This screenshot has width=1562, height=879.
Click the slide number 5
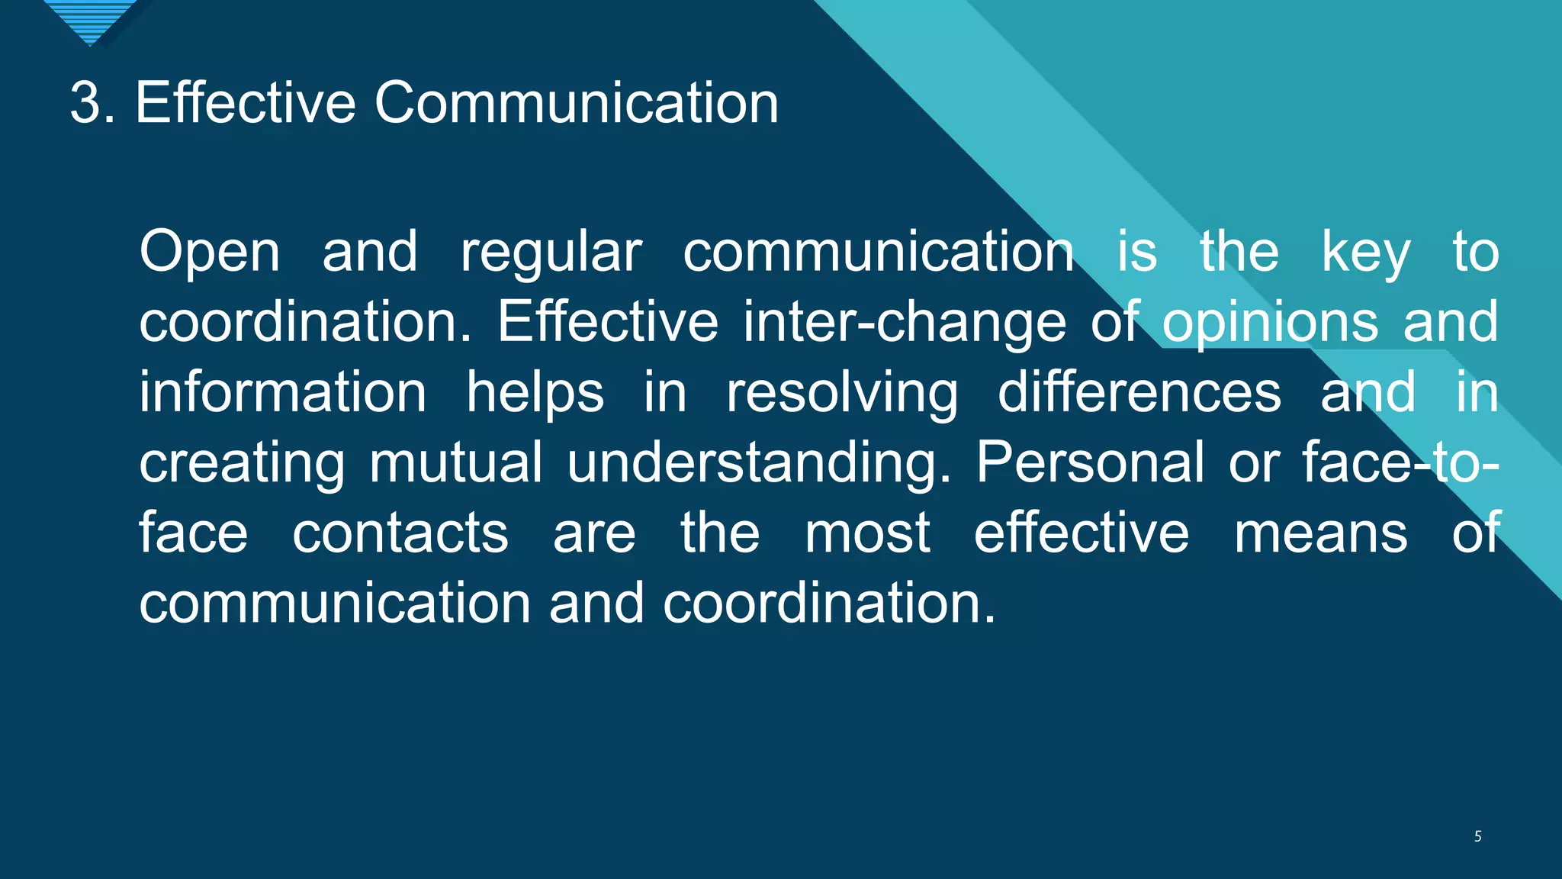(x=1477, y=836)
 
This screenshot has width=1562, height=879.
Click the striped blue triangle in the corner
(x=90, y=19)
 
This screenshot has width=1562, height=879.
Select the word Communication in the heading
(x=576, y=102)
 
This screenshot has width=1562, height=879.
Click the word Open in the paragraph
(x=210, y=253)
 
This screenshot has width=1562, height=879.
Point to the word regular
(x=551, y=253)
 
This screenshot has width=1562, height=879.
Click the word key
(x=1365, y=253)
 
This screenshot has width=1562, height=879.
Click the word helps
(x=535, y=392)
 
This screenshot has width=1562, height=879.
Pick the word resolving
(x=842, y=392)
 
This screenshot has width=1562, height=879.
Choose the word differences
(x=1139, y=392)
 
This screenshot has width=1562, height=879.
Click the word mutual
(x=455, y=462)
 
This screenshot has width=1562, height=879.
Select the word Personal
(x=1090, y=462)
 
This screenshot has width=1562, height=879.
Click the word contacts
(x=400, y=533)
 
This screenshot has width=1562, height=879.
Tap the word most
(x=867, y=533)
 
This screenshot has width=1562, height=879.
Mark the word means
(x=1320, y=533)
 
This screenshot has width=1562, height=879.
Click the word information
(x=282, y=392)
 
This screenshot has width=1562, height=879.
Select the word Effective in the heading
(x=246, y=102)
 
